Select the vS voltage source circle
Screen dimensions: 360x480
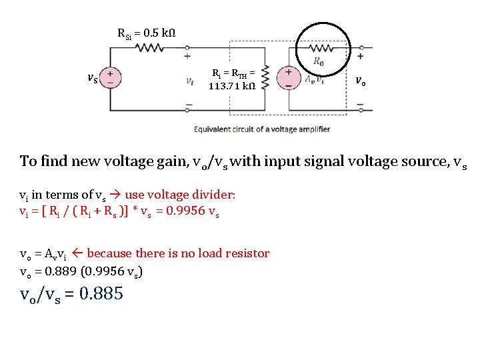(111, 77)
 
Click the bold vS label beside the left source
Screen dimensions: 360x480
(93, 79)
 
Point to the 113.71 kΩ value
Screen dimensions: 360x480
(230, 85)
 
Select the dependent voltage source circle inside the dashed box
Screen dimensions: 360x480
(289, 77)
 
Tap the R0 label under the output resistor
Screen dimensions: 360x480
(319, 63)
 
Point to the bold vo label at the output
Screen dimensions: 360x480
(360, 81)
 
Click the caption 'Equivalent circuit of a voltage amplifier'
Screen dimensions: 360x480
(262, 129)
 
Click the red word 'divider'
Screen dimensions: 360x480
(215, 195)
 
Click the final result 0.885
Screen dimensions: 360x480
(101, 293)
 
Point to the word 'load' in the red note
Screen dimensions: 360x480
(201, 253)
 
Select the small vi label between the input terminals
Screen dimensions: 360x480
(190, 81)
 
